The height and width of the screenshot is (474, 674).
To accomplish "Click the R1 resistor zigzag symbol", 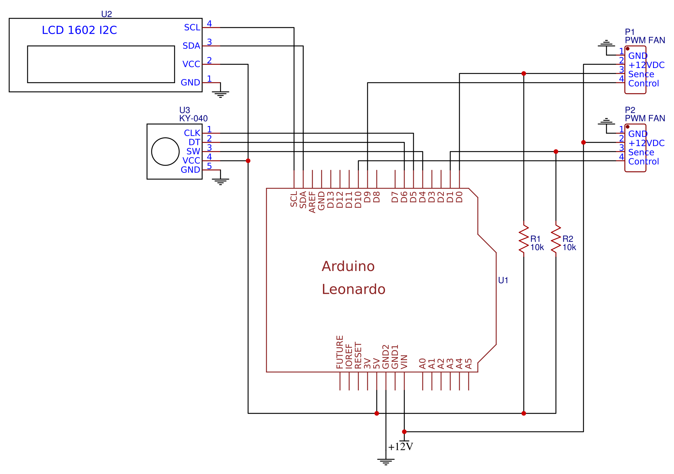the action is point(524,239).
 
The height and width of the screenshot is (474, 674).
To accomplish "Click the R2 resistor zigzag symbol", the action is point(556,239).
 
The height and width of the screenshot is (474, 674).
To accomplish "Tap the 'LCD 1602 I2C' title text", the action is point(79,30).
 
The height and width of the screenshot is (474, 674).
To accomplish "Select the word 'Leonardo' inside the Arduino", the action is point(353,289).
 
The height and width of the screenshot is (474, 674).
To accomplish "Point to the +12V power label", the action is point(400,447).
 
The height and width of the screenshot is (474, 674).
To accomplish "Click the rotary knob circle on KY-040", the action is point(165,152).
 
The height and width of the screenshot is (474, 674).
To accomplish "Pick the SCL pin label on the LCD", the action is point(192,28).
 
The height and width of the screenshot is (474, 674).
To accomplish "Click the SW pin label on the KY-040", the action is point(193,152).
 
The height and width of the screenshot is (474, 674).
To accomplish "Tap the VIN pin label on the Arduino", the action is point(404,362).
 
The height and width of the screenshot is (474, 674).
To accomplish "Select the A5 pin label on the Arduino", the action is point(468,364).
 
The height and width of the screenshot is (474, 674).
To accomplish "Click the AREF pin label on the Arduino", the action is point(312,202).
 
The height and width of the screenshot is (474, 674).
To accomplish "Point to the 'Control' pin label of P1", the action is point(643,83).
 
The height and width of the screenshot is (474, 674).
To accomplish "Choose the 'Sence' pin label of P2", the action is point(641,152).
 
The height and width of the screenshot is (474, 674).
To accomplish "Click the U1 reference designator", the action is point(503,280).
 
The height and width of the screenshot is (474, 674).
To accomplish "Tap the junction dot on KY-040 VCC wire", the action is point(248,161).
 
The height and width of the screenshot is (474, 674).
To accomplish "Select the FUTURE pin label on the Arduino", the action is point(340,352).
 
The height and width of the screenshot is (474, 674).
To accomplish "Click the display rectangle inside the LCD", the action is point(101,64).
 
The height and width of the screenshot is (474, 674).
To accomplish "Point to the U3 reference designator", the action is point(184,110).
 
